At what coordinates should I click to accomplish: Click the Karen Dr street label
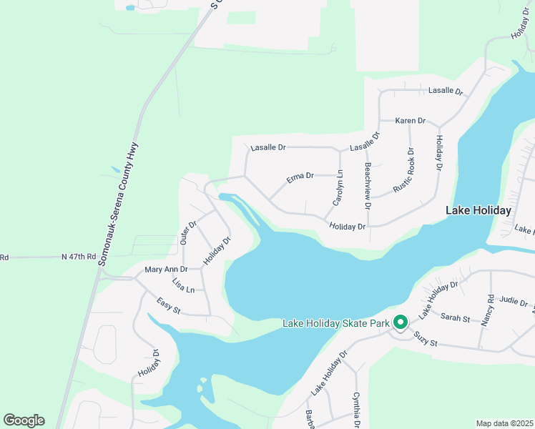(x=411, y=121)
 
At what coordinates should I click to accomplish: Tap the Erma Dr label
(x=300, y=176)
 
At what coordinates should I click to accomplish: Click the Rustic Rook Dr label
(x=404, y=170)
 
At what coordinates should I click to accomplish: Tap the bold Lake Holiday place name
(x=478, y=210)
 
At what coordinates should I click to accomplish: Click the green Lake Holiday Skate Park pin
(x=401, y=323)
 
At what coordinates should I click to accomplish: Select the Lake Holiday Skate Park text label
(x=335, y=323)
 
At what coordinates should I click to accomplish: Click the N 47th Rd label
(x=78, y=256)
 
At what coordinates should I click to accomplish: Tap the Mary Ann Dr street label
(x=165, y=270)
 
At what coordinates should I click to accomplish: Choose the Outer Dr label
(x=188, y=232)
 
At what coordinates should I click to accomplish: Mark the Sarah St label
(x=455, y=316)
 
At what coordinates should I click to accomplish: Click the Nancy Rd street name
(x=487, y=310)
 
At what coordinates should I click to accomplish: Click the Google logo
(x=24, y=420)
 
